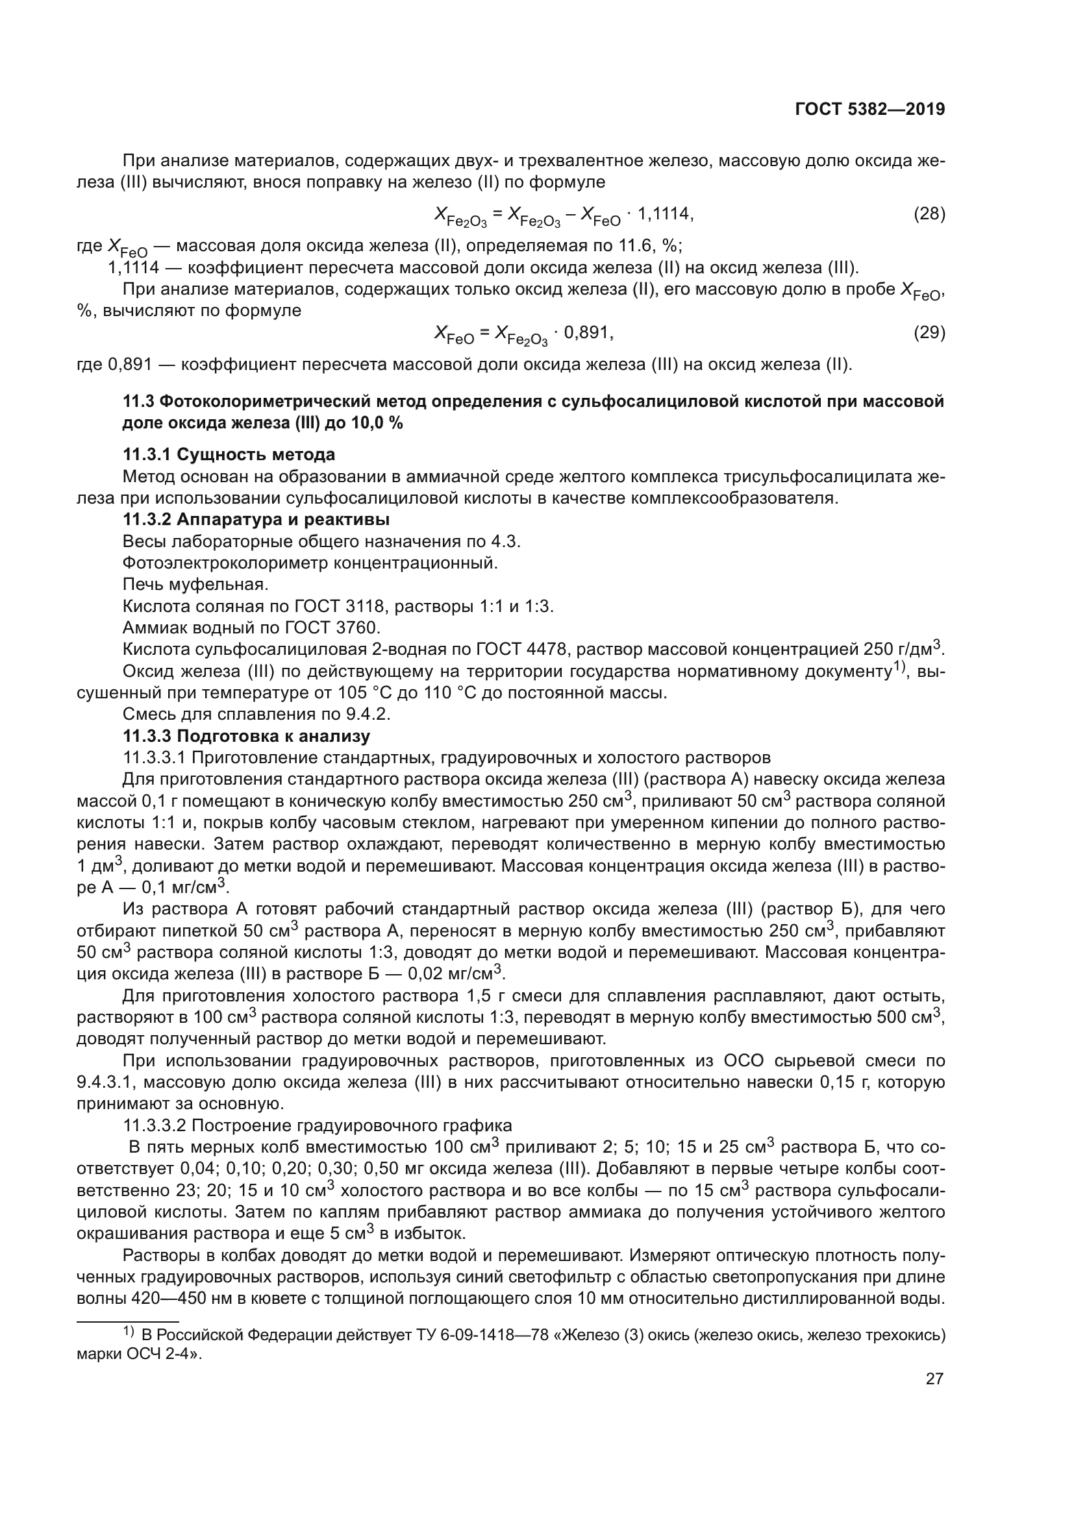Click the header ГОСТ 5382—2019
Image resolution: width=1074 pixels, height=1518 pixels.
tap(869, 110)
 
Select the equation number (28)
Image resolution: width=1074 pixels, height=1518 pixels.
tap(929, 214)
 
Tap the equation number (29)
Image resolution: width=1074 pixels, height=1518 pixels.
tap(929, 332)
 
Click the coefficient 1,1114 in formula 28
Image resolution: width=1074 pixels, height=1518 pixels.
tap(666, 214)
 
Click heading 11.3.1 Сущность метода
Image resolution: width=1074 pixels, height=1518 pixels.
tap(229, 455)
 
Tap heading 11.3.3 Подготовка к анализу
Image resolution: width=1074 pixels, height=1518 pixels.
tap(246, 736)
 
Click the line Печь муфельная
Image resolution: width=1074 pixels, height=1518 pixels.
tap(195, 585)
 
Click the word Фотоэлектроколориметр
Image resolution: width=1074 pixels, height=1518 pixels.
tap(225, 563)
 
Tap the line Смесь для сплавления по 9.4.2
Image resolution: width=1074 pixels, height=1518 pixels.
tap(256, 714)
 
